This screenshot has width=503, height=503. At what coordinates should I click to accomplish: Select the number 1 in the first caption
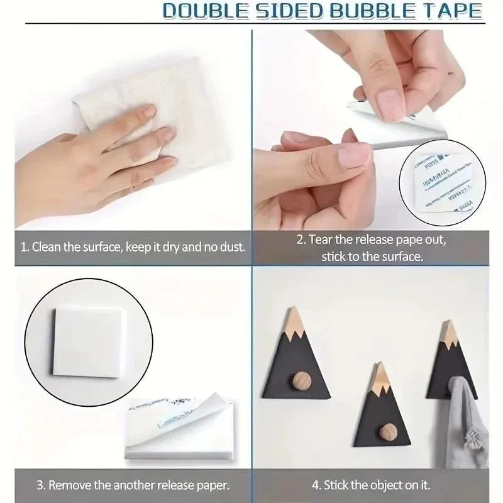[x=23, y=246]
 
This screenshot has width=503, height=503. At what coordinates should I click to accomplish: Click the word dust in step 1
[x=232, y=246]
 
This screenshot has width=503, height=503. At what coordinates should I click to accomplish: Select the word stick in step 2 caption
[x=334, y=257]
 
